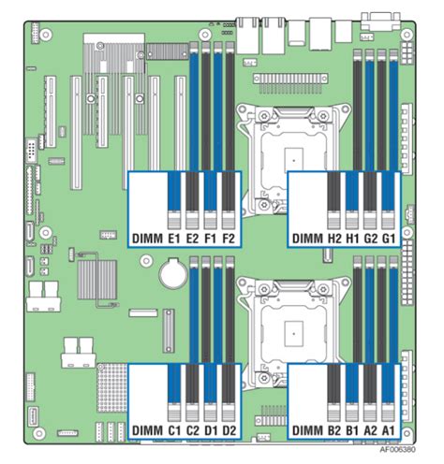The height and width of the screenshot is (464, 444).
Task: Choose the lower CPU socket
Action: point(293,331)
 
